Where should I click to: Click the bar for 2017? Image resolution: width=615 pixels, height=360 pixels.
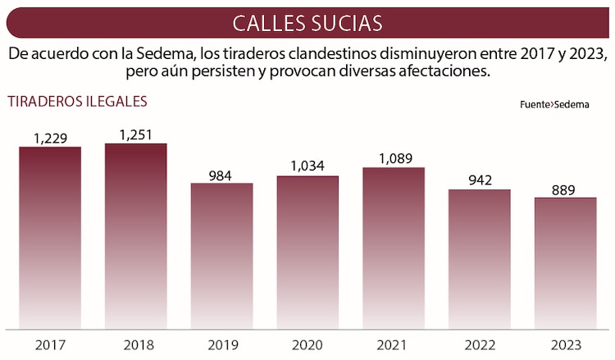50,238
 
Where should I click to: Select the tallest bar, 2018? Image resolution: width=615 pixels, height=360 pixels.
136,236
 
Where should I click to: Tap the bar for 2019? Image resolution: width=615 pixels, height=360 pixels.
221,255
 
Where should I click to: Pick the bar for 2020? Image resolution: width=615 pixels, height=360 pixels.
307,252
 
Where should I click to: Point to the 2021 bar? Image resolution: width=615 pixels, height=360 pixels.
394,248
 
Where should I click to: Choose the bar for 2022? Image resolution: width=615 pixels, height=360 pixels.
479,258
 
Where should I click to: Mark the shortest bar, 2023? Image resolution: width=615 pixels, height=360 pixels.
565,262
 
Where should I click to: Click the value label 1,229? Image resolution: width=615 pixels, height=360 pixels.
50,138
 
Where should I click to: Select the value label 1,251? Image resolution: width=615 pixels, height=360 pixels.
136,134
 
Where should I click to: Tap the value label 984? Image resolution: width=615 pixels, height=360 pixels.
221,175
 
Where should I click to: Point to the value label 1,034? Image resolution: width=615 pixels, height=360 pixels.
307,166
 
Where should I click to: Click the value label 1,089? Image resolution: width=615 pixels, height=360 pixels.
394,158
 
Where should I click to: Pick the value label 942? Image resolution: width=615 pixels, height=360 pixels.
479,181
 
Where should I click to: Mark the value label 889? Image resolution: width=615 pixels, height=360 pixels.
565,189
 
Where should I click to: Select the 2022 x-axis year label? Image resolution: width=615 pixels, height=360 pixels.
479,344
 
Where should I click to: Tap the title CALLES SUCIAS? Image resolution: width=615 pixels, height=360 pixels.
307,22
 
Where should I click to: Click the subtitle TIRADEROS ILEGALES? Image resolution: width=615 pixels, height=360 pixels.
77,102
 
